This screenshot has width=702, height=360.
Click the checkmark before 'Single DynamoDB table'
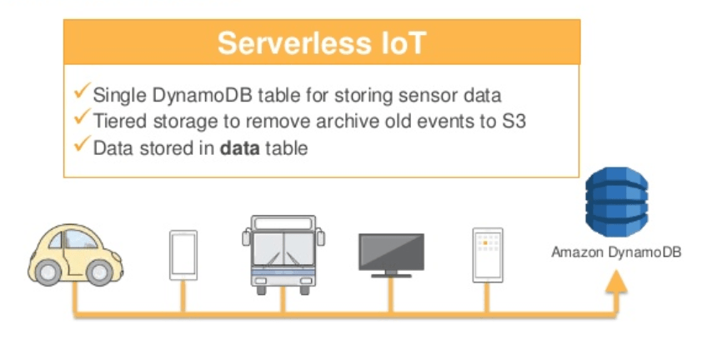tap(82, 92)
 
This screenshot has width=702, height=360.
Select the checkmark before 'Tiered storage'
tap(82, 119)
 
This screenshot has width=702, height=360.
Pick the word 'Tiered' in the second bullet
tap(116, 121)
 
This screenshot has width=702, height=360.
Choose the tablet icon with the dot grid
tap(487, 254)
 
